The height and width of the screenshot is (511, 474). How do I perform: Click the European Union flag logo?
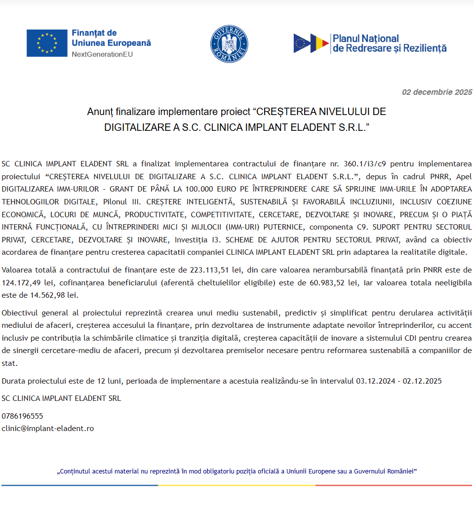(x=47, y=43)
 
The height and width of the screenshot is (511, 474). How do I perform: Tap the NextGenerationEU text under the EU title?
(x=102, y=54)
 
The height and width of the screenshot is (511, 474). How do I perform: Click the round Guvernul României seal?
(x=229, y=43)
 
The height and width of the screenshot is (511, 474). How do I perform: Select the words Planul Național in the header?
(x=366, y=39)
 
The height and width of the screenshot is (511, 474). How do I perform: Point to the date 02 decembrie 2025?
(x=437, y=92)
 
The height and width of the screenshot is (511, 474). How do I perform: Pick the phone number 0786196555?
(x=22, y=416)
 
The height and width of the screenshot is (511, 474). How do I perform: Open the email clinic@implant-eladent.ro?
(x=47, y=429)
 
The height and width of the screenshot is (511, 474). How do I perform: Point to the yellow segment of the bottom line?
(x=237, y=485)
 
